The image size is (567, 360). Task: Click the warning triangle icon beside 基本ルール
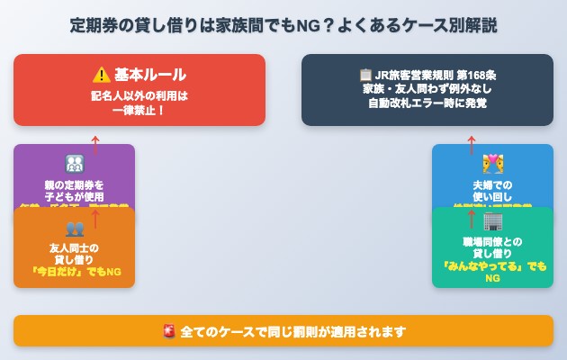pos(101,75)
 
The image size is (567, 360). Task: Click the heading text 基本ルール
pos(150,75)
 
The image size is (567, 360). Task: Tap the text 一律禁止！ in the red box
pos(139,110)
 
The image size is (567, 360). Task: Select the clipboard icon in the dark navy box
pos(365,75)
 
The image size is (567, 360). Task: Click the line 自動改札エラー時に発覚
pos(427,103)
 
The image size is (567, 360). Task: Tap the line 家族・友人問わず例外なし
pos(427,89)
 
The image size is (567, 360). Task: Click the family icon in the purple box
pos(74,164)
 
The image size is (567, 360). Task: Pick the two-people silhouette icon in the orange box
pos(74,228)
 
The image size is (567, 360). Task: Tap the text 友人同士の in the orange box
pos(74,247)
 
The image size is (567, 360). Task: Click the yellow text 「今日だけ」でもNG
pos(74,273)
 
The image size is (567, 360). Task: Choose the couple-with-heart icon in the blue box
pos(492,164)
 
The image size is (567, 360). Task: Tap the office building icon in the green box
pos(492,221)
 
